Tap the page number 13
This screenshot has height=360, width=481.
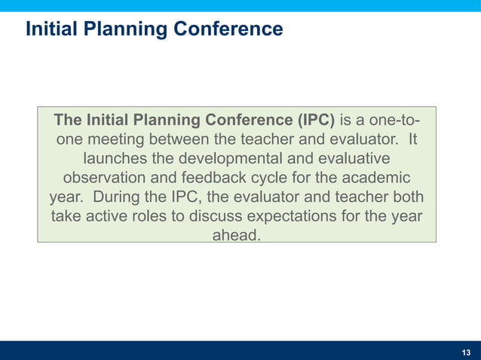[465, 352]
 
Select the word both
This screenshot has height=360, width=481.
[407, 197]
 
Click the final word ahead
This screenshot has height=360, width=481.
[237, 236]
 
